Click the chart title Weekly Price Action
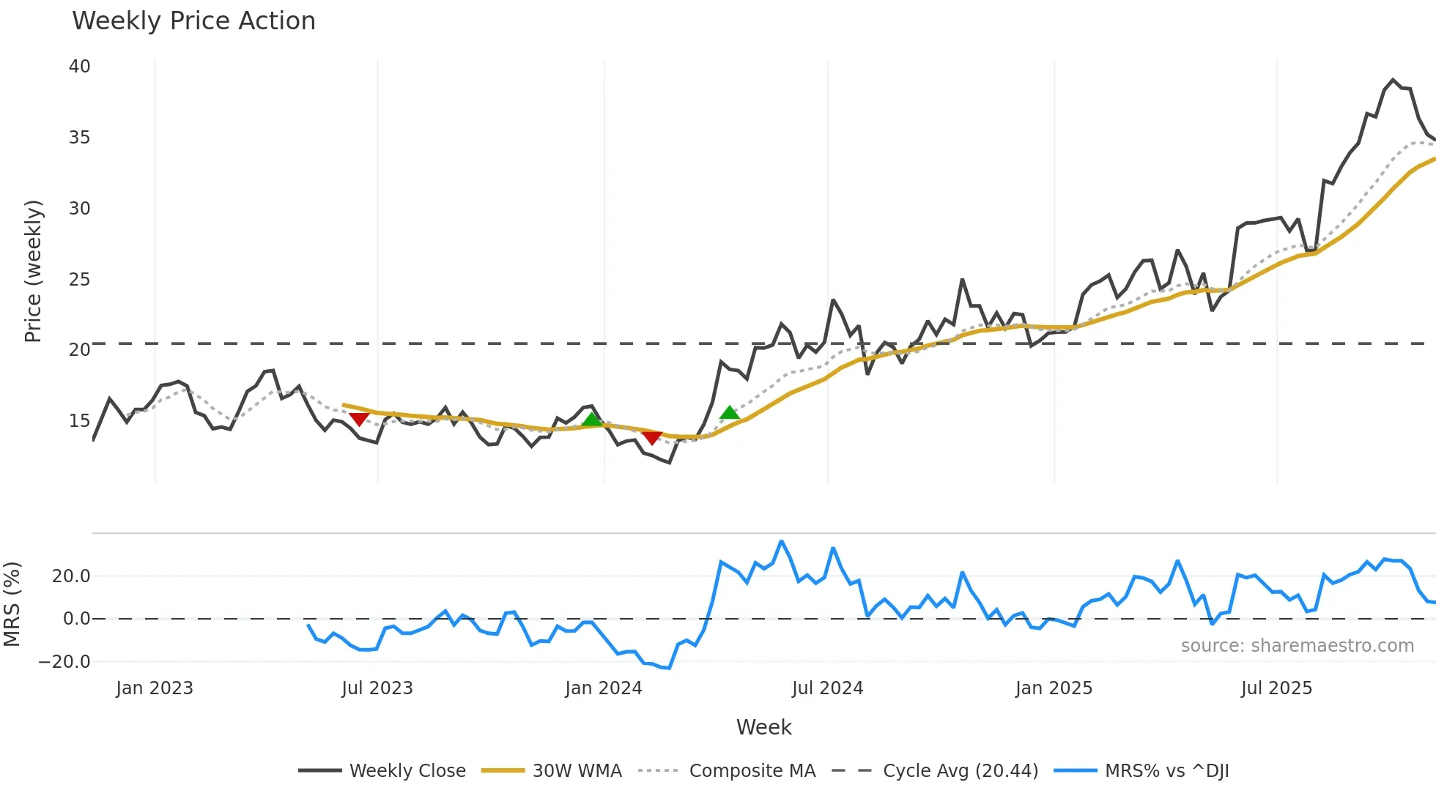pos(193,21)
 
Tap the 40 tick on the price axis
pos(79,67)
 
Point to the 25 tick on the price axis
pos(79,280)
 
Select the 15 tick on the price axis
pos(79,421)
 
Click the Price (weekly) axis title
pos(33,271)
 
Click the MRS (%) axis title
pos(12,604)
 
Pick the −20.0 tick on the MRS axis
pos(64,662)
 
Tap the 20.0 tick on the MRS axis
pos(71,576)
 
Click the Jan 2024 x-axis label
pos(603,688)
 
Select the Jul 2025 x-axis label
pos(1276,688)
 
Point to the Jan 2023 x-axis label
pos(154,688)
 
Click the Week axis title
pos(763,727)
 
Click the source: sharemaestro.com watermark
pos(1297,646)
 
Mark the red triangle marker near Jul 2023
pos(359,419)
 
